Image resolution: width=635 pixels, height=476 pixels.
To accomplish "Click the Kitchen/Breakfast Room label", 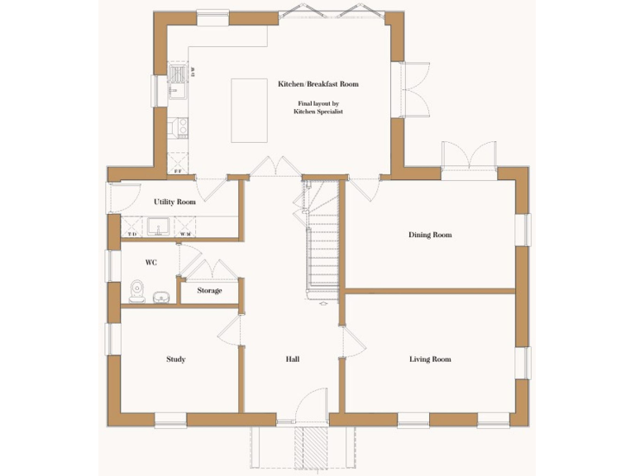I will click(318, 84).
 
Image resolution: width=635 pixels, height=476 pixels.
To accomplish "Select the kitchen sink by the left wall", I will click(178, 83).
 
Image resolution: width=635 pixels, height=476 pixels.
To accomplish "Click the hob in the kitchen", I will click(178, 126).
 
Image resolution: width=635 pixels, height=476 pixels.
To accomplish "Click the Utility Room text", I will click(174, 202).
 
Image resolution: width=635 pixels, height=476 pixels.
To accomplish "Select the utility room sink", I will click(159, 226).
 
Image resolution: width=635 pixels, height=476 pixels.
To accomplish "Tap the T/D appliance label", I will click(131, 235).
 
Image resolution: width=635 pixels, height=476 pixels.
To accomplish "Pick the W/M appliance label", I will click(185, 235).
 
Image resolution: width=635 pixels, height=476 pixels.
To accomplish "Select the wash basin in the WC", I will click(161, 295).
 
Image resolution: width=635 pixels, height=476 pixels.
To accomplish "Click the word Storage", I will click(209, 290).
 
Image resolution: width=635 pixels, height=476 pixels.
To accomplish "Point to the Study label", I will click(175, 359).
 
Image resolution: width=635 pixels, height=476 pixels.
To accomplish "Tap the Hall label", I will click(292, 359).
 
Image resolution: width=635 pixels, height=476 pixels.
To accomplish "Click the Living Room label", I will click(430, 359).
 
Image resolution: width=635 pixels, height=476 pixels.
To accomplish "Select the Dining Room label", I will click(430, 235).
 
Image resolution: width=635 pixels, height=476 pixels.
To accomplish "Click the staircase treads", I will click(324, 248).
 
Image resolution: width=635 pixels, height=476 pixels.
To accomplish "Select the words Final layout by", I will click(318, 103).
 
